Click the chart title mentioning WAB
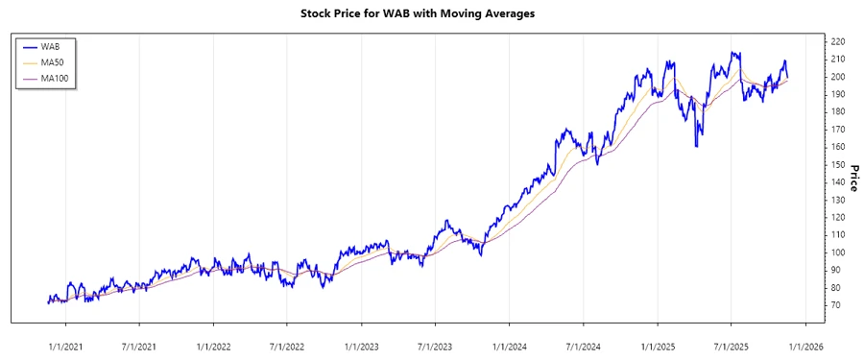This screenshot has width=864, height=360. point(431,13)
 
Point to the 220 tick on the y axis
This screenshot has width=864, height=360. point(837,42)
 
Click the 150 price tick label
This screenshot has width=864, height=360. point(837,165)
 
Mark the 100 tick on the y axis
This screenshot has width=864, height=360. point(837,252)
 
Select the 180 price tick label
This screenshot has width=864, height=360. point(837,112)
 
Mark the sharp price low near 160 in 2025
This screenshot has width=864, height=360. point(696,146)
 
